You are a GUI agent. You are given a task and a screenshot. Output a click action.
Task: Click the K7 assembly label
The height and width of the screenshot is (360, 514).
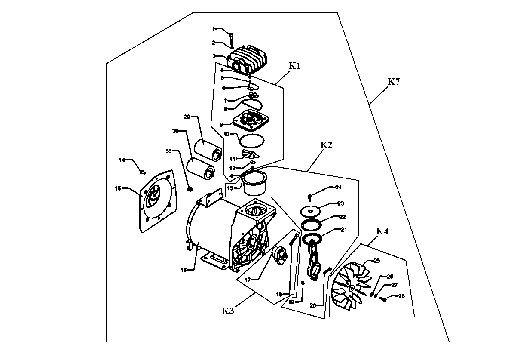click(x=394, y=82)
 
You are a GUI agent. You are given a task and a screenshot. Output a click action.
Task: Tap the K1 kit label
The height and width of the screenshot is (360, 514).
click(x=294, y=66)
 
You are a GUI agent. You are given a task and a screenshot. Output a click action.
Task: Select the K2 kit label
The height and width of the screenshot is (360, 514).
click(x=326, y=145)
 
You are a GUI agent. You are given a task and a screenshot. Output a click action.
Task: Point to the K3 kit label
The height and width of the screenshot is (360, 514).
click(x=228, y=311)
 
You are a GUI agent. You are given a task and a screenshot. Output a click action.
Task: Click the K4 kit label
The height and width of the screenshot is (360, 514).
click(x=382, y=231)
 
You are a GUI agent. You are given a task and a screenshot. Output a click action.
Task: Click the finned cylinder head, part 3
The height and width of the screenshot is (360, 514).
click(x=248, y=59)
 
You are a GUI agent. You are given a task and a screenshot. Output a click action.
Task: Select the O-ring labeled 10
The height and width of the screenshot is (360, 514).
click(x=252, y=141)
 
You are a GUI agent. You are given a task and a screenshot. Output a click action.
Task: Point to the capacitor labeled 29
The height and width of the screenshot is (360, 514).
click(x=208, y=151)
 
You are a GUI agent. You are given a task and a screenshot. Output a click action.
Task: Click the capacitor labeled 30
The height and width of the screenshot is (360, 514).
click(x=201, y=169)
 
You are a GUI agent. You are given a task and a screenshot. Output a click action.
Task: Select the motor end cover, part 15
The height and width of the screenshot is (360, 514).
click(x=158, y=201)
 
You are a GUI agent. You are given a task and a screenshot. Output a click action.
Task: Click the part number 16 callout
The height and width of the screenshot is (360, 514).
click(x=184, y=270)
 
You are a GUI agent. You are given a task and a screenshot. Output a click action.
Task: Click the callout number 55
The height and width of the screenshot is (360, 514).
click(x=168, y=151)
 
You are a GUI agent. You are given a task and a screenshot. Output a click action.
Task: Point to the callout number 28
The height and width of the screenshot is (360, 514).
click(x=401, y=296)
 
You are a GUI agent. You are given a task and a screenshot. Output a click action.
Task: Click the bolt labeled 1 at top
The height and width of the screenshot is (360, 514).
click(x=232, y=39)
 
